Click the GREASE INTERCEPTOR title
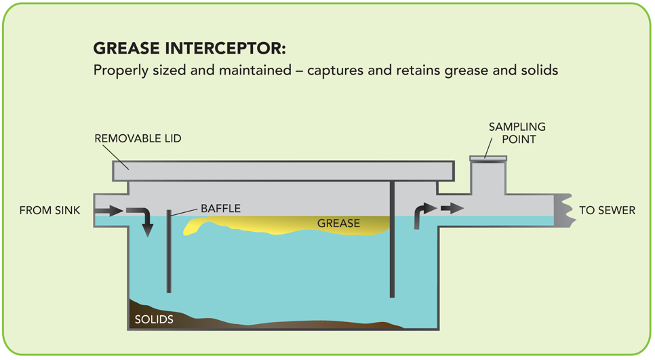[189, 50]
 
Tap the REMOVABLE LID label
[138, 139]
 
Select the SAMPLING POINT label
[517, 133]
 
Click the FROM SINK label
[49, 211]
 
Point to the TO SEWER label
[607, 211]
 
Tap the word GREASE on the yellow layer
[338, 223]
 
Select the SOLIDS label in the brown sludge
[153, 319]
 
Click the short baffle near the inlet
[169, 251]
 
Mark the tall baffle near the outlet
[392, 237]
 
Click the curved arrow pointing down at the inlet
[143, 221]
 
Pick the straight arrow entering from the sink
[108, 211]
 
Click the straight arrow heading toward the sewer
[452, 208]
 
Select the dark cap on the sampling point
[488, 160]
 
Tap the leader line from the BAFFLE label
[185, 212]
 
